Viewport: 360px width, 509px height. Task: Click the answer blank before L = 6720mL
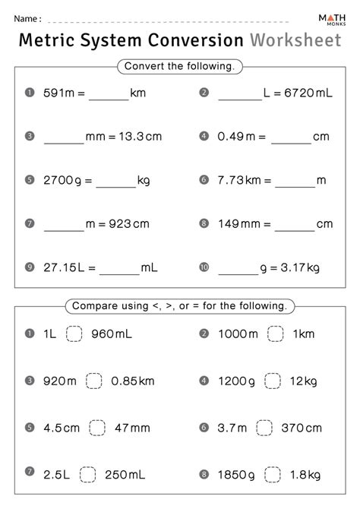coord(240,93)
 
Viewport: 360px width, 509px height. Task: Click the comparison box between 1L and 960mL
coord(74,334)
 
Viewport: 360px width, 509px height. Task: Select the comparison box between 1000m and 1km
coord(276,334)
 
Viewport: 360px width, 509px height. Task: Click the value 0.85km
coord(134,381)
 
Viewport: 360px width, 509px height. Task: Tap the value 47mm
coord(131,428)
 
